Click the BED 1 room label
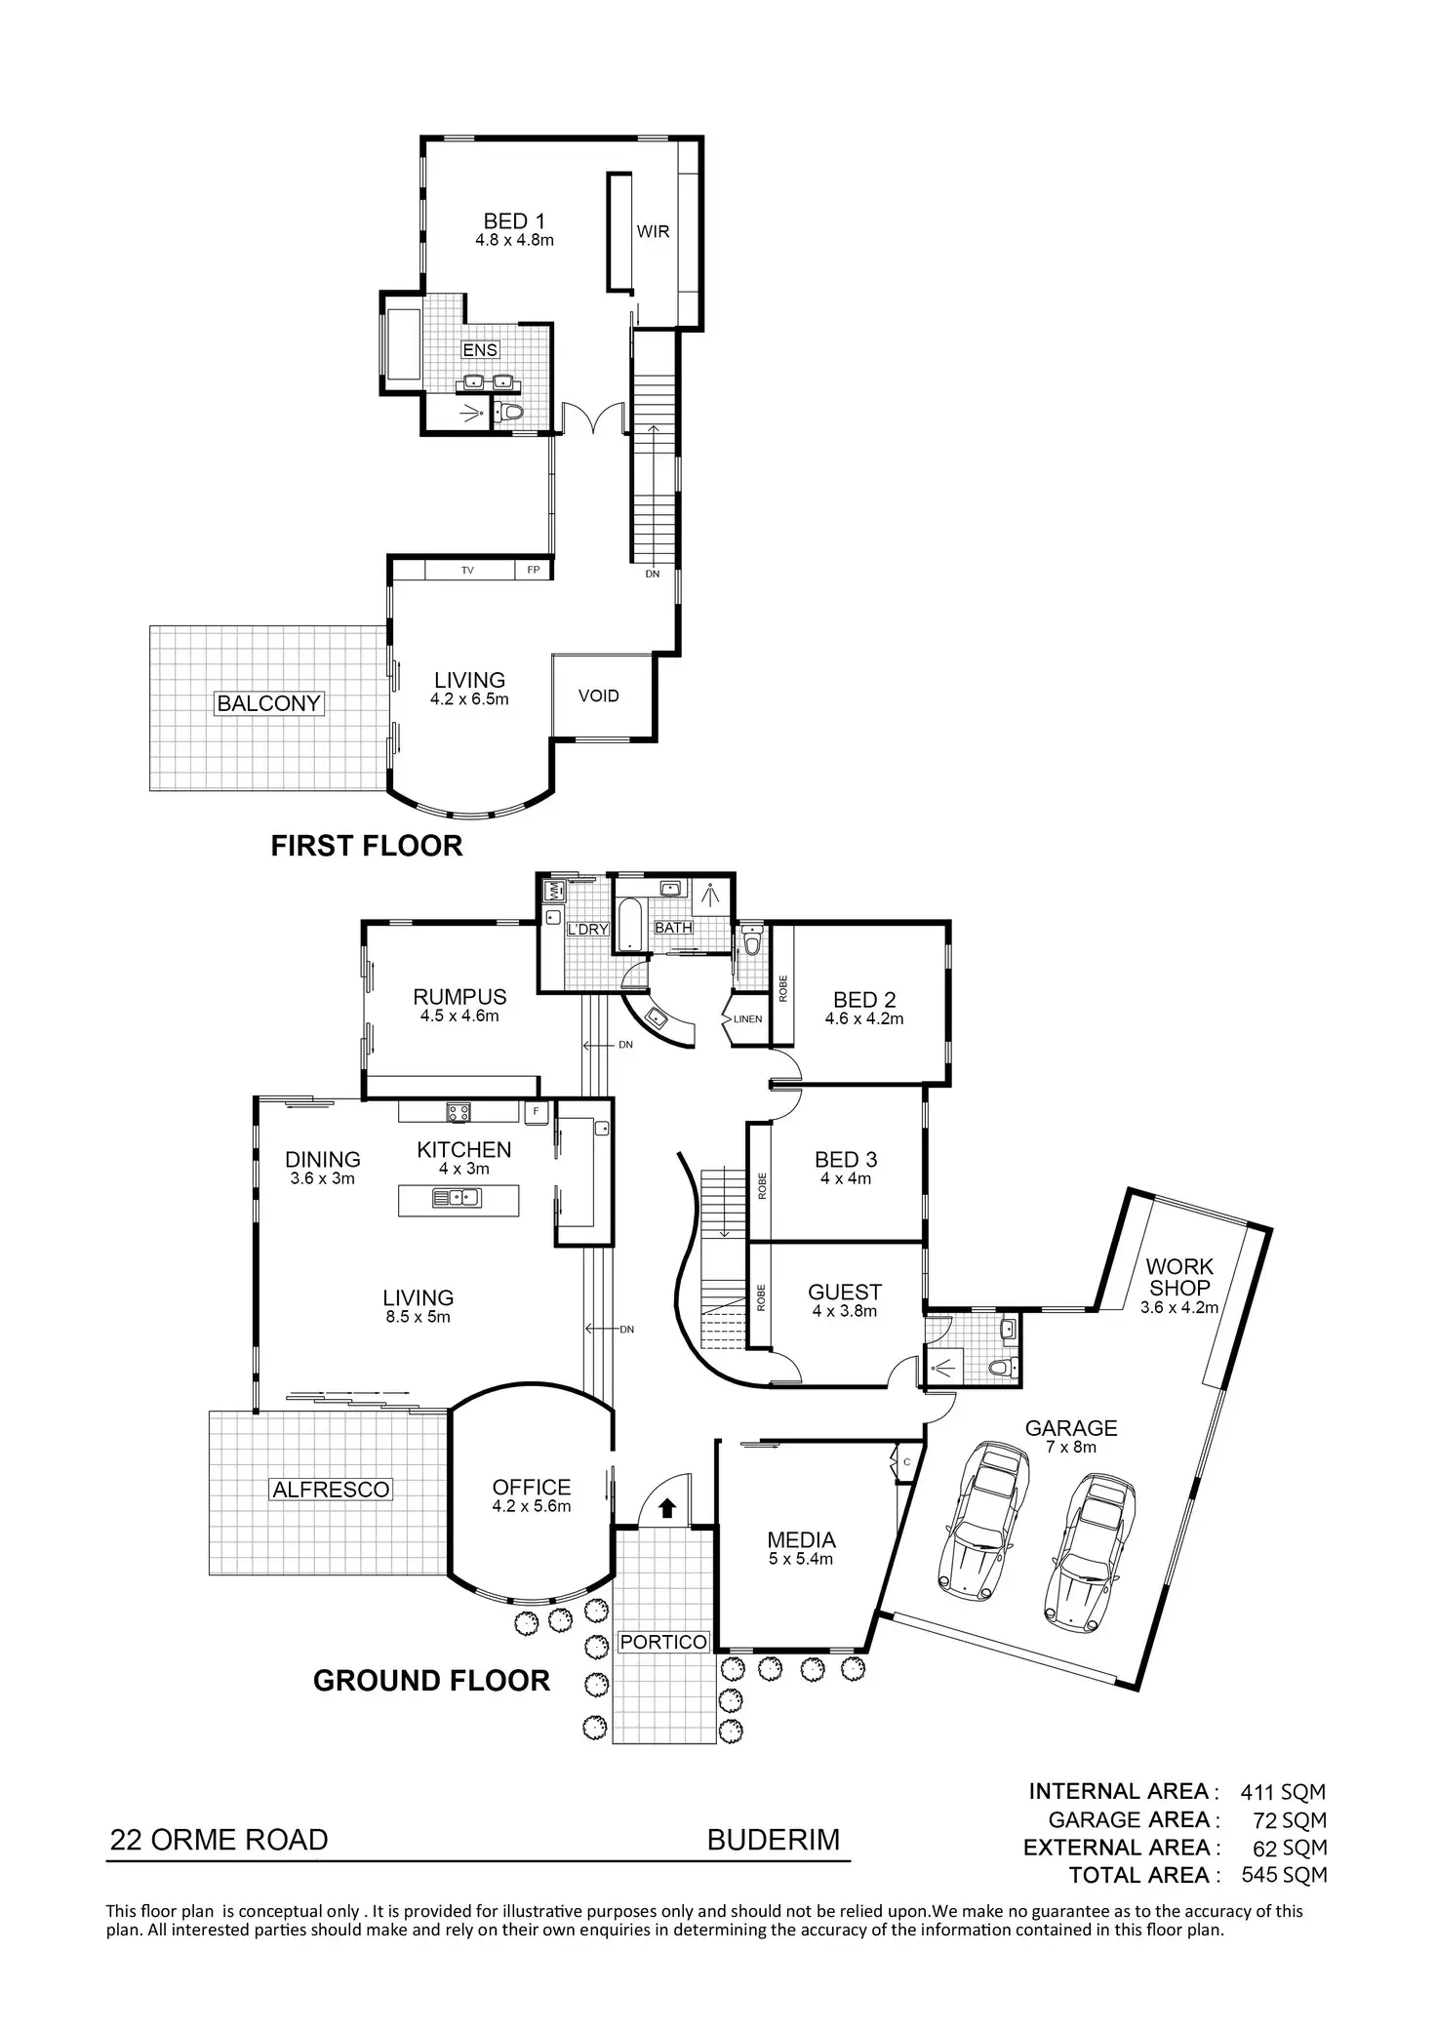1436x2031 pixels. tap(514, 222)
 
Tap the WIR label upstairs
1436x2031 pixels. tap(653, 231)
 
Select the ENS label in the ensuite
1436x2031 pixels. tap(479, 350)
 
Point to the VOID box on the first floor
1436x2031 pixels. tap(599, 696)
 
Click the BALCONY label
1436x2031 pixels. tap(268, 703)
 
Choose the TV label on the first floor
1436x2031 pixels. tap(467, 571)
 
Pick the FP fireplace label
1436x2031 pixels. tap(534, 571)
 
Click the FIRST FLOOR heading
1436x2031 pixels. tap(366, 846)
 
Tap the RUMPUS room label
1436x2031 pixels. tap(459, 997)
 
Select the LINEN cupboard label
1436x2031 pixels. tap(747, 1019)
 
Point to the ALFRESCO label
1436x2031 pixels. tap(331, 1490)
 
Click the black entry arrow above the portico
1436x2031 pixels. tap(667, 1509)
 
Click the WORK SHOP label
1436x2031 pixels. tap(1179, 1277)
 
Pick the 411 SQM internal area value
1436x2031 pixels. tap(1283, 1792)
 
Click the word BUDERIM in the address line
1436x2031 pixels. tap(773, 1841)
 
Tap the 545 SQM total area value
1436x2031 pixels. tap(1283, 1875)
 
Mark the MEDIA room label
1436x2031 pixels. tap(801, 1540)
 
